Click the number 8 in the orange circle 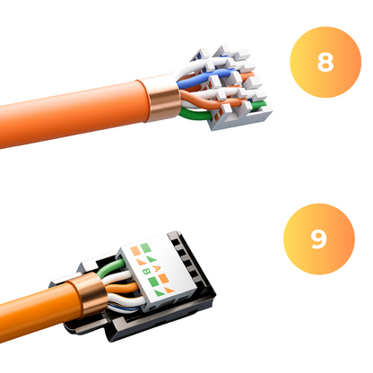325,62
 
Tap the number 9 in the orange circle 318,239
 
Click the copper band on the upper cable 163,98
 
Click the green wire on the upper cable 195,115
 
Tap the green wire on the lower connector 111,267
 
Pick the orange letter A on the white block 156,268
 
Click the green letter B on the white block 146,272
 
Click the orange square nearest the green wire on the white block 135,250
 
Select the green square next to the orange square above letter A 145,247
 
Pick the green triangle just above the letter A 152,259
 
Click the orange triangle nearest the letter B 140,262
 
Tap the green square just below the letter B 153,282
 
